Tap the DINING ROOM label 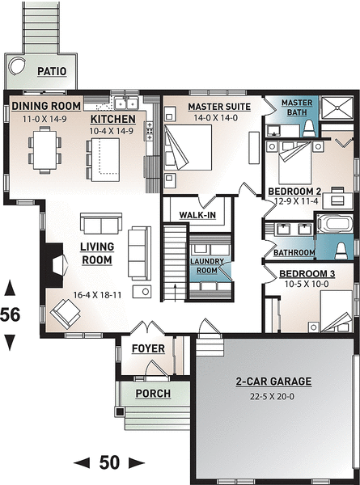click(46, 106)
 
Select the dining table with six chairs click(44, 150)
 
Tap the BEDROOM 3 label click(305, 274)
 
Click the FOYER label click(148, 348)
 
